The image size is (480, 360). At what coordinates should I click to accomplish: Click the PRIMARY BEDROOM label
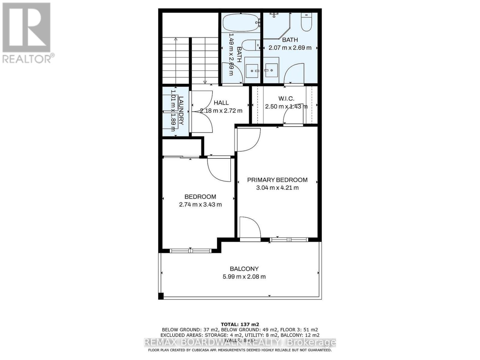[277, 180]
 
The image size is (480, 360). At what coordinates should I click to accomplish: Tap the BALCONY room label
[244, 269]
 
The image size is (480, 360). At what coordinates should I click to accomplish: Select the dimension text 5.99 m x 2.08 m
[244, 277]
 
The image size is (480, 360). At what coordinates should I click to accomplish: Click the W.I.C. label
[286, 98]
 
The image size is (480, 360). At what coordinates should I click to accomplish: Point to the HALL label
[221, 103]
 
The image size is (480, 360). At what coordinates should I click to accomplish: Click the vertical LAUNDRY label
[181, 110]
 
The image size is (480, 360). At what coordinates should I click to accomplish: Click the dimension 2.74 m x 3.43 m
[200, 205]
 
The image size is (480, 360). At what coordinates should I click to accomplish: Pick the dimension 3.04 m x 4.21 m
[277, 188]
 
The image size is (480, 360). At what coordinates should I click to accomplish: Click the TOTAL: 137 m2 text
[240, 324]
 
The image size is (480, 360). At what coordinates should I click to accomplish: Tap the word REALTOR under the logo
[27, 59]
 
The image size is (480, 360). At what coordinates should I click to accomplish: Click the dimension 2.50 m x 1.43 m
[286, 106]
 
